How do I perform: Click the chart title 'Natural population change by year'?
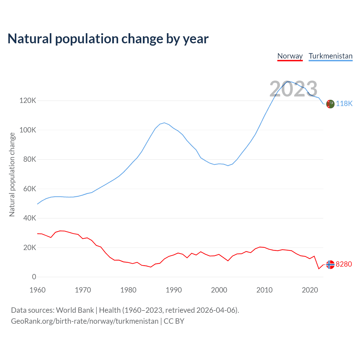click(108, 39)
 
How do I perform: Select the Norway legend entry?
click(290, 56)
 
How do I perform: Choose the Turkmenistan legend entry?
click(330, 56)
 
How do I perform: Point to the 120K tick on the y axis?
click(28, 100)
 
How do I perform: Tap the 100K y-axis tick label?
click(28, 130)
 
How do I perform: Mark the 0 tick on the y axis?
click(34, 277)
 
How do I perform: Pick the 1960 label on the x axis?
click(37, 290)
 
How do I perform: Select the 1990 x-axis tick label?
click(174, 290)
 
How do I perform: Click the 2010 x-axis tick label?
click(264, 290)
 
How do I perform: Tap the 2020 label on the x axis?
click(310, 290)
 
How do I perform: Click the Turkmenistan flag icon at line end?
click(330, 104)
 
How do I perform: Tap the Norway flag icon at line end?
click(330, 265)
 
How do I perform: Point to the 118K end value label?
click(344, 104)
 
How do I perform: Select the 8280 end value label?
click(344, 264)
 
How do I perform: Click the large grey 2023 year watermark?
click(293, 89)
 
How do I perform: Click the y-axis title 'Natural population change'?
click(12, 175)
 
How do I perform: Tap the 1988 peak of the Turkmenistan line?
click(165, 123)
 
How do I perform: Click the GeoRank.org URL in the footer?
click(85, 321)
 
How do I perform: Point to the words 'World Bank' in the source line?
click(75, 310)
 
